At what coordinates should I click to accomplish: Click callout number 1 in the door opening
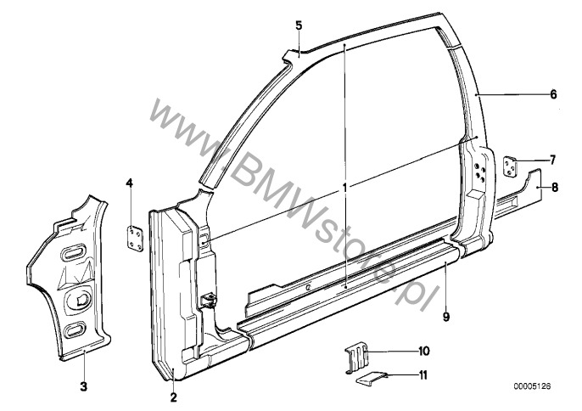344,188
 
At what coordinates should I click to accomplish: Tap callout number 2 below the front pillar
173,397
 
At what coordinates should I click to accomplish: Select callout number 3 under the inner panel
84,386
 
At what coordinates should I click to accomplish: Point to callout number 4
129,183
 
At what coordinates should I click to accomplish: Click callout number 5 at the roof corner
299,25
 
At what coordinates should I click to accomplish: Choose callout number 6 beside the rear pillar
553,94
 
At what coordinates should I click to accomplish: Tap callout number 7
552,160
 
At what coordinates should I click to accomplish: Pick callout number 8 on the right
555,188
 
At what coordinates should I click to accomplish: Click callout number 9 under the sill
446,317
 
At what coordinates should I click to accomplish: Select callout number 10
424,351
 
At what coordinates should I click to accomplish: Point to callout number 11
423,375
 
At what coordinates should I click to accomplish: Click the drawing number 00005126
532,386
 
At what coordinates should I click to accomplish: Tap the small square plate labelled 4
135,239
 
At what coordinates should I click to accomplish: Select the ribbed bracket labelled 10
356,358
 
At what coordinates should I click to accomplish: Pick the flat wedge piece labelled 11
372,379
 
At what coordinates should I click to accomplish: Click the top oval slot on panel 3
76,253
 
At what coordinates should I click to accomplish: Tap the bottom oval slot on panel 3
75,330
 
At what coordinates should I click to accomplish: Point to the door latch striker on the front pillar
209,300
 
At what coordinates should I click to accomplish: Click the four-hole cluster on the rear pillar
478,170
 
